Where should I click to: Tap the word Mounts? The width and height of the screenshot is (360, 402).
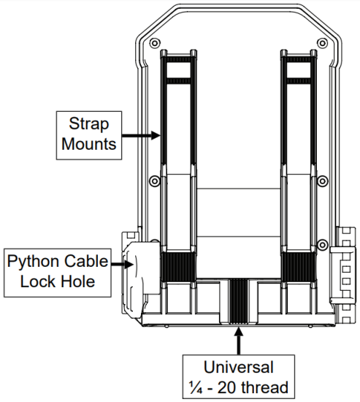click(x=88, y=144)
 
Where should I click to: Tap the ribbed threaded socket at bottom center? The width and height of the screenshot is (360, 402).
click(x=237, y=300)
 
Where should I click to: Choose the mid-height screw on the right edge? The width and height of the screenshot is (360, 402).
click(x=322, y=180)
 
